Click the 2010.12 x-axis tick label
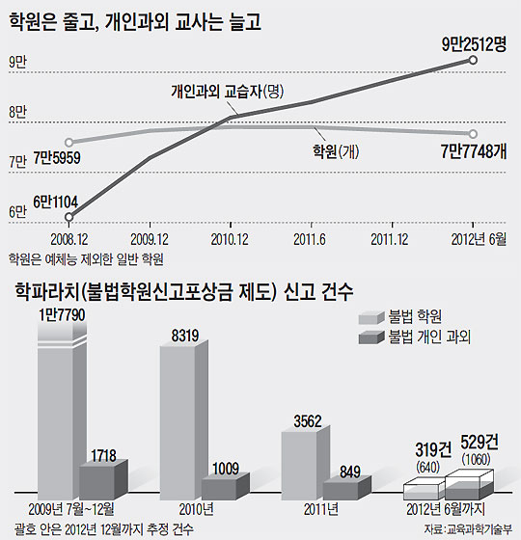point(230,236)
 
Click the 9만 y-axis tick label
point(17,63)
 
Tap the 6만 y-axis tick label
point(17,212)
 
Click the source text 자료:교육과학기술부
point(467,529)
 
